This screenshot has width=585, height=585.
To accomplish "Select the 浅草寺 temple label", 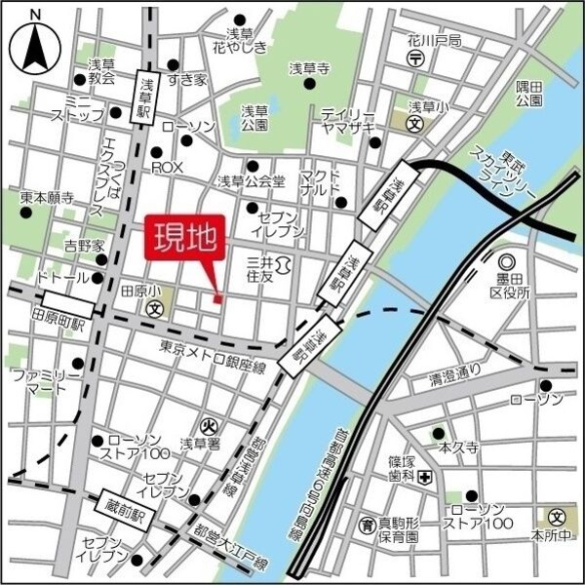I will [x=310, y=68].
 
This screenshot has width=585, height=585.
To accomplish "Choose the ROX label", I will [x=167, y=168].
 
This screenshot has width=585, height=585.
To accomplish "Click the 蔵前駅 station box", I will [x=125, y=505].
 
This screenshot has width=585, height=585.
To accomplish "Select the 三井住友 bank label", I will [x=259, y=270].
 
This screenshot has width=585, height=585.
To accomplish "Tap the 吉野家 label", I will [x=84, y=244].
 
